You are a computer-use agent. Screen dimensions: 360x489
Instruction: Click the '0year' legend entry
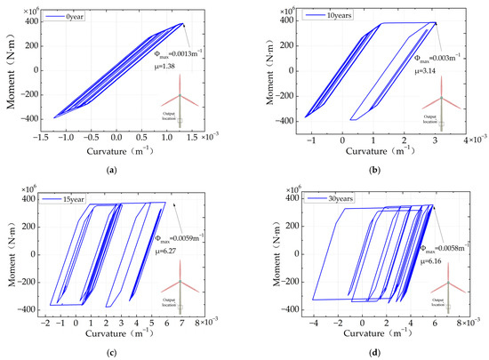coord(65,16)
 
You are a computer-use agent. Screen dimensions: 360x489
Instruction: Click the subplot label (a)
coord(121,168)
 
